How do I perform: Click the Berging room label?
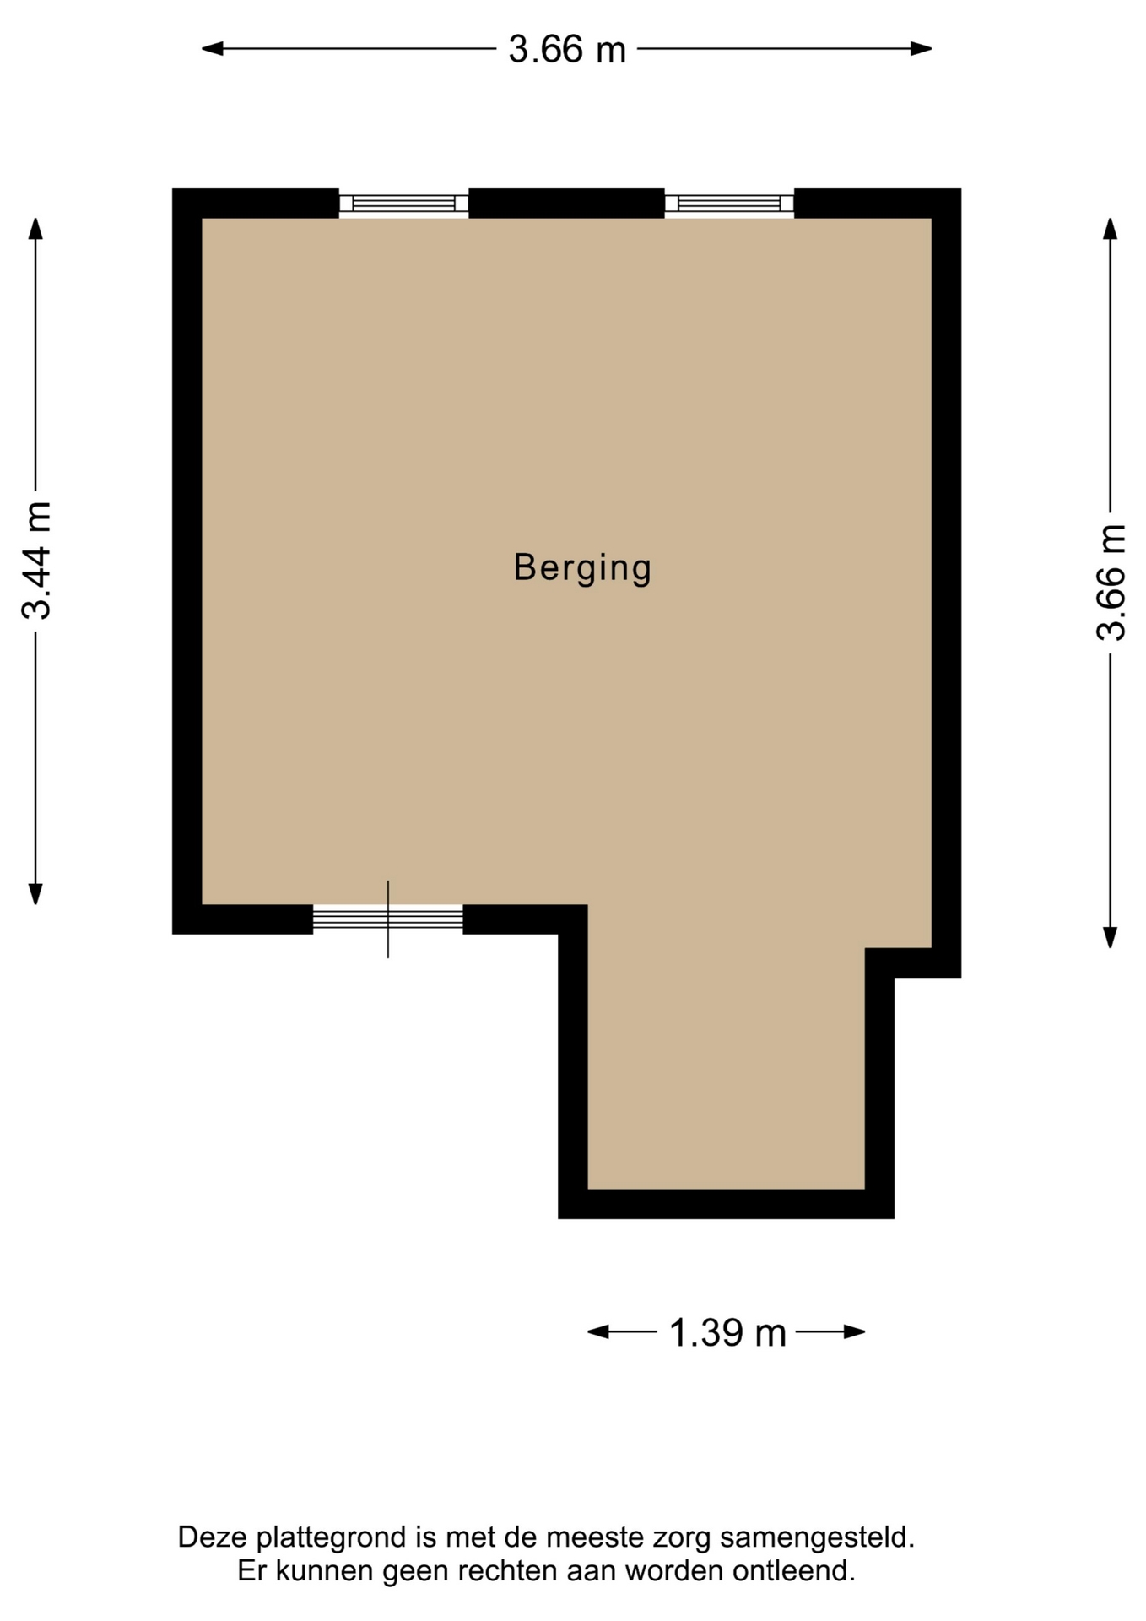point(582,567)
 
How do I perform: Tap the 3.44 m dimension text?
point(37,561)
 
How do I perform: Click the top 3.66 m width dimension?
point(567,49)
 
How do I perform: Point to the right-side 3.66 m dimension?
point(1111,583)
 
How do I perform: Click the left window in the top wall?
point(403,203)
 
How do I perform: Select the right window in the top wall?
point(729,203)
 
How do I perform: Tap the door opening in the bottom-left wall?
point(388,919)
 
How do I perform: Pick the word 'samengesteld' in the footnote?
point(817,1537)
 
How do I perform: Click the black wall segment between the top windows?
point(566,203)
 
